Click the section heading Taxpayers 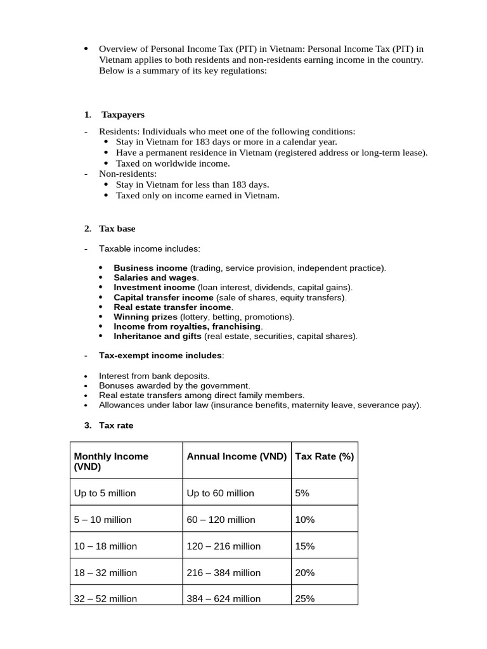click(x=123, y=115)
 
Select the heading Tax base click(x=117, y=228)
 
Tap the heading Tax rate click(x=116, y=425)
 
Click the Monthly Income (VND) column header click(x=111, y=461)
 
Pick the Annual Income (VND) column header click(x=237, y=456)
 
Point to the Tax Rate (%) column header click(x=325, y=456)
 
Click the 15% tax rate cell click(x=305, y=546)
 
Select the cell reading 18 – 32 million click(x=105, y=572)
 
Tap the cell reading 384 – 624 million click(x=223, y=598)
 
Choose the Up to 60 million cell click(x=220, y=493)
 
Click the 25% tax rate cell click(x=305, y=598)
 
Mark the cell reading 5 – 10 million click(x=103, y=520)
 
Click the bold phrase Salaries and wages click(x=155, y=278)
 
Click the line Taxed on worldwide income click(x=172, y=163)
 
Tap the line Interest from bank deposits click(x=154, y=376)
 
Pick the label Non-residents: click(x=127, y=174)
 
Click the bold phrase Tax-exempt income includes click(x=160, y=356)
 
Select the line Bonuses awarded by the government click(x=174, y=385)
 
